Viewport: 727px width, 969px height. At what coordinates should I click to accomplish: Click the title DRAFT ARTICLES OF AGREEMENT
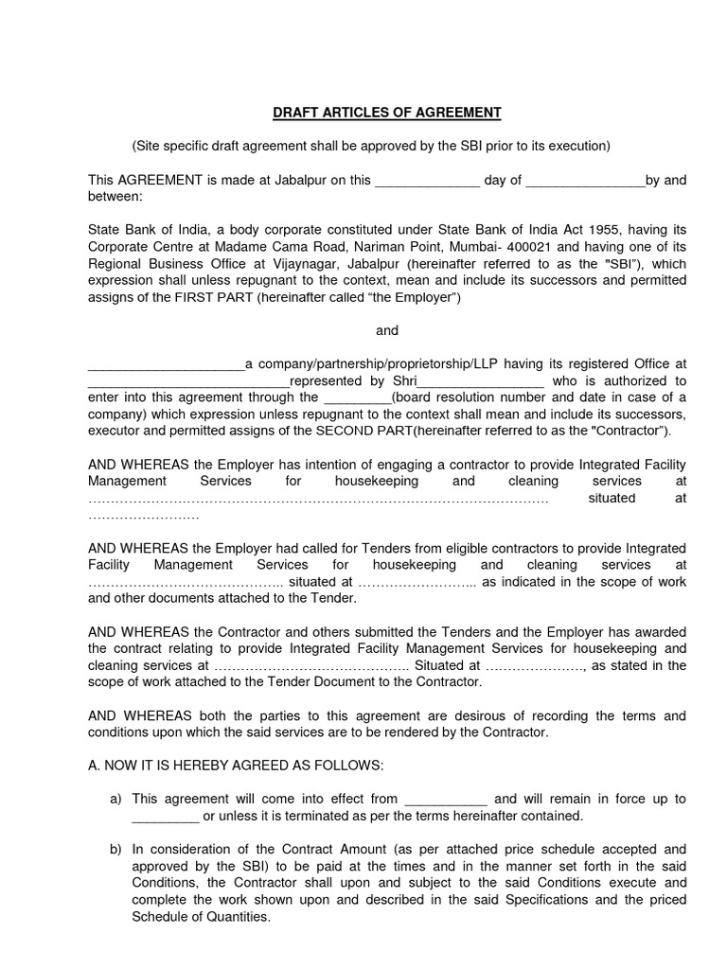point(387,113)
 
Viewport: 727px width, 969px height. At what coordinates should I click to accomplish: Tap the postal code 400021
point(490,248)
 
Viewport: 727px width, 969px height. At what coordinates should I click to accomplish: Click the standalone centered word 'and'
point(387,330)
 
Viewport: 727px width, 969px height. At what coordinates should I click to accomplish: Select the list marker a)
point(116,800)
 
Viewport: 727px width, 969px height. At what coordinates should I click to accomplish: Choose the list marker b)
point(116,850)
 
